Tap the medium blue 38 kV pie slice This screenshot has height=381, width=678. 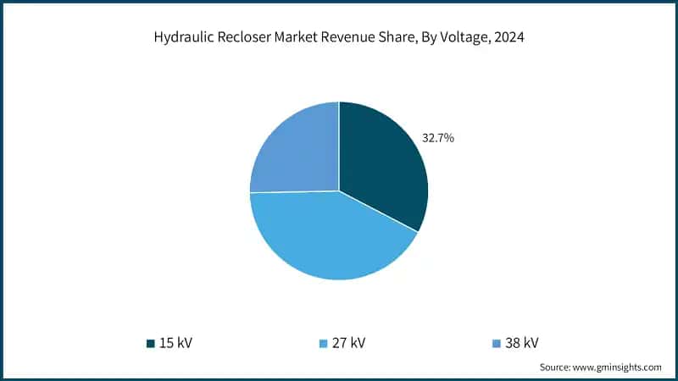[x=292, y=152]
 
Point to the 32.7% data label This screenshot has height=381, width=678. [x=438, y=137]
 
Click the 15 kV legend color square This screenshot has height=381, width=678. [x=151, y=343]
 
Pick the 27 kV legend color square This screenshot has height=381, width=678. [x=323, y=343]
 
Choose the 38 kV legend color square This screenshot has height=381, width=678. [x=496, y=343]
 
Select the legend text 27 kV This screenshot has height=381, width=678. [x=347, y=343]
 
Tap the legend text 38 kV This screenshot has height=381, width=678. [x=520, y=343]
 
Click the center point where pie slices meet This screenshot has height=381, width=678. [x=339, y=190]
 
